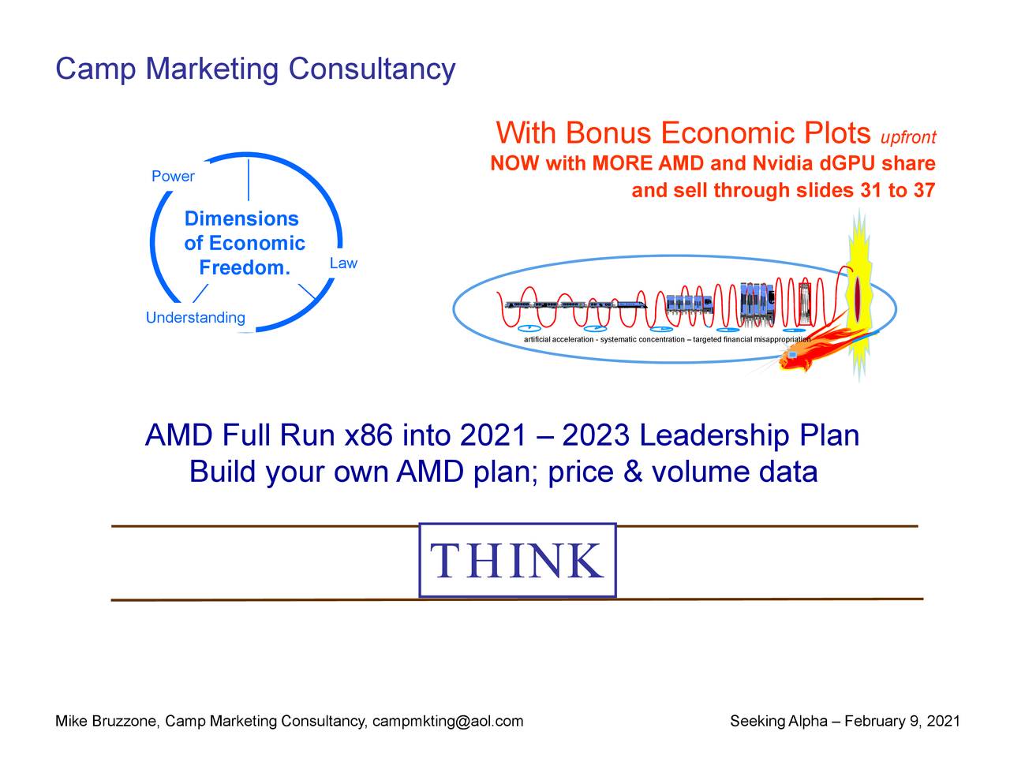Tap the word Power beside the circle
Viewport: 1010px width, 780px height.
173,177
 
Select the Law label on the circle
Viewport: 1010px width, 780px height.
343,263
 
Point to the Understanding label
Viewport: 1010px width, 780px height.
195,318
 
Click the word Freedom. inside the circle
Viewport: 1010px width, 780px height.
245,267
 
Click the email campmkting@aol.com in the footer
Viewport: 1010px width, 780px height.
447,721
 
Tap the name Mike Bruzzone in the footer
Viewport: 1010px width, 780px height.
107,721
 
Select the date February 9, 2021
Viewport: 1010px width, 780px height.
902,721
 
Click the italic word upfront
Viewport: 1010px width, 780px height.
907,137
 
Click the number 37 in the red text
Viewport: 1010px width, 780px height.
923,191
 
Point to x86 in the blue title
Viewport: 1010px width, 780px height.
368,435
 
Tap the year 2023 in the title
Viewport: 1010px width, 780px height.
596,435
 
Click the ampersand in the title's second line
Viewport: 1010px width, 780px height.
633,472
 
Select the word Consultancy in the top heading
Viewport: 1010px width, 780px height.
372,69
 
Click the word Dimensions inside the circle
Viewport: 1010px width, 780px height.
241,218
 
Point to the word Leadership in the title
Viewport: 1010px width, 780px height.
714,436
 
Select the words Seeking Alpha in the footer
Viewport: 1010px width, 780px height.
779,722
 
